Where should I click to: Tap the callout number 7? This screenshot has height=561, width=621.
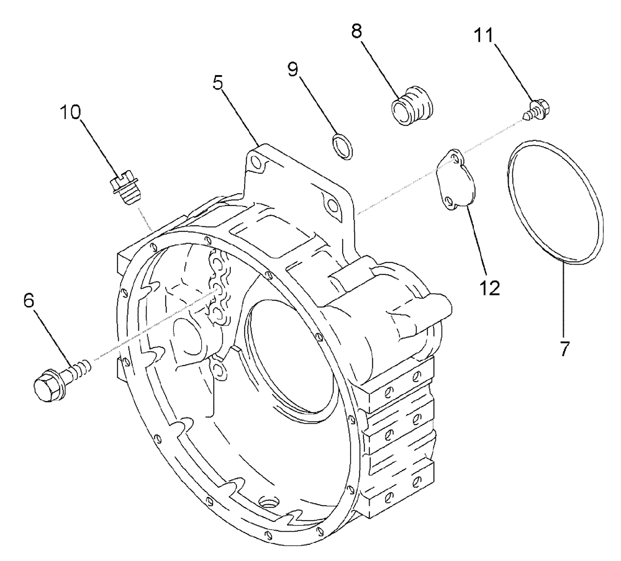pyautogui.click(x=564, y=349)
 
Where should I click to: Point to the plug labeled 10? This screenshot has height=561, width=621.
pyautogui.click(x=124, y=189)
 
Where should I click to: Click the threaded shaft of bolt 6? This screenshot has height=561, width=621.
pyautogui.click(x=79, y=370)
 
